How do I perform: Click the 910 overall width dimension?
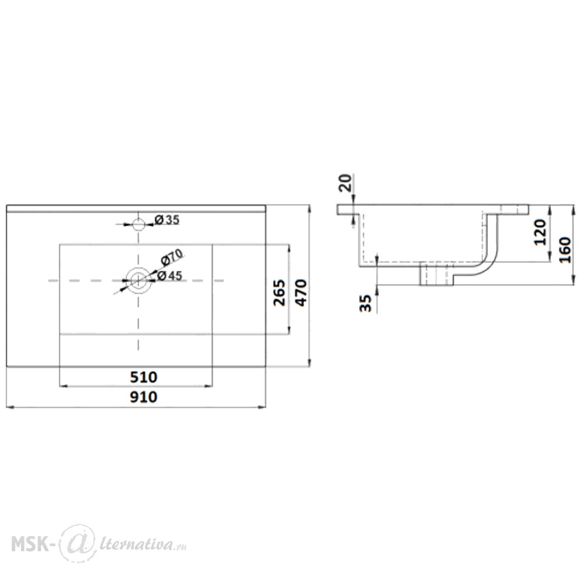[x=144, y=397]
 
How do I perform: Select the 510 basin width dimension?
[x=144, y=377]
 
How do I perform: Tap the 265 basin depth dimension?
[x=279, y=293]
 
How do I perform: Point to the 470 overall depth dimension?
[x=301, y=293]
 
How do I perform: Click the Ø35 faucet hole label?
[x=167, y=220]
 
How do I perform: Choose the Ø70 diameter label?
[x=172, y=257]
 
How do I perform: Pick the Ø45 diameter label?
[x=169, y=276]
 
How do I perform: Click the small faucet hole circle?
[x=139, y=224]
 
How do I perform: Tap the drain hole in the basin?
[x=138, y=281]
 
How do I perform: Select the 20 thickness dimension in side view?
[x=346, y=183]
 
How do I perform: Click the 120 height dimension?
[x=541, y=232]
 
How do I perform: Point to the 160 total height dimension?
[x=565, y=250]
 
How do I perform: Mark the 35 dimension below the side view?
[x=365, y=303]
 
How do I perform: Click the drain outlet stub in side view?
[x=436, y=274]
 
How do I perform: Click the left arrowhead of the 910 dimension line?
[x=10, y=407]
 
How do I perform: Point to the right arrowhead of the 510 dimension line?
[x=208, y=386]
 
